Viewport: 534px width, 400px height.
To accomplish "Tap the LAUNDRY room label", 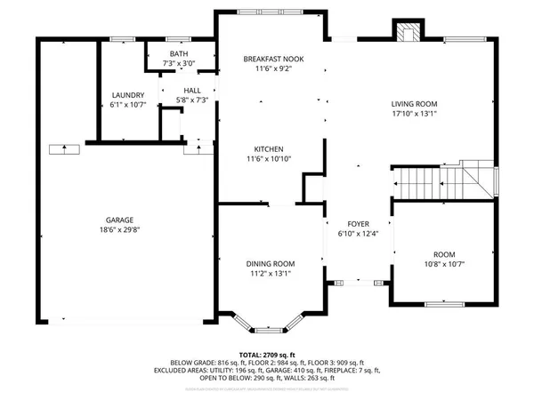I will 128,95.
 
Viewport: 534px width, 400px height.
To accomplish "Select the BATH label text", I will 179,53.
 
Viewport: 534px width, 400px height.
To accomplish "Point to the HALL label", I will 192,91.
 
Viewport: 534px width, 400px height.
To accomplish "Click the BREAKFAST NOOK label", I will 273,59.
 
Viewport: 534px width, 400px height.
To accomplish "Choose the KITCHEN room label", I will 268,148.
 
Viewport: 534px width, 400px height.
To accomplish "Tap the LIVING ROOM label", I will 415,103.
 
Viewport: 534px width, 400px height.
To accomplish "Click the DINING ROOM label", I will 271,263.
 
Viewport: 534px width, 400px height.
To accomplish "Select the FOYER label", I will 359,224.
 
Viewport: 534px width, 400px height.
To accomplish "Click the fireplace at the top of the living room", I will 410,32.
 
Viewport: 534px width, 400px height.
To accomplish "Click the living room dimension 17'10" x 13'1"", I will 415,114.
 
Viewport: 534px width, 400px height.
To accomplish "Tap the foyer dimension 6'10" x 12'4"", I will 359,235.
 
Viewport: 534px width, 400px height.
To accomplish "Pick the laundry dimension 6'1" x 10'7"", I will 128,106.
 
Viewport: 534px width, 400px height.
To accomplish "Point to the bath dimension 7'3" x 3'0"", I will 179,64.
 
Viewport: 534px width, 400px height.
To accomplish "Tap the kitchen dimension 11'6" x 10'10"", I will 268,159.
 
